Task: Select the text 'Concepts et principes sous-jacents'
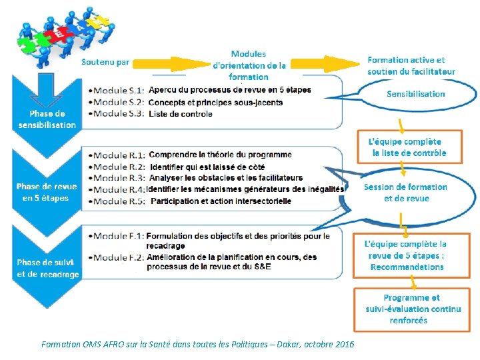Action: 215,102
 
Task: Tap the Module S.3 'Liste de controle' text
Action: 181,113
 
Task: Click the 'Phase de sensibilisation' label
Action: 47,119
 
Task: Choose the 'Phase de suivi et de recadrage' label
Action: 48,268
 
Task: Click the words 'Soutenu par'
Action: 105,62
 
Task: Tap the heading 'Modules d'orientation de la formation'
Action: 249,65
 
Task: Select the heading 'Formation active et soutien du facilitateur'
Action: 411,65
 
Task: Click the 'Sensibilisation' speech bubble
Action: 416,94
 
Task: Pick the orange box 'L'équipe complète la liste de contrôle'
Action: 407,147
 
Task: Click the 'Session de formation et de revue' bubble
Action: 406,193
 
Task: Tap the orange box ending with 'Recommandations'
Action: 407,256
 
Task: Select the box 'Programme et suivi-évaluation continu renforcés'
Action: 413,309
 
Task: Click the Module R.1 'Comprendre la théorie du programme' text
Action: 220,155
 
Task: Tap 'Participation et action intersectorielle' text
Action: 221,201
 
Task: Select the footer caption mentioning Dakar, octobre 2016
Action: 198,344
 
